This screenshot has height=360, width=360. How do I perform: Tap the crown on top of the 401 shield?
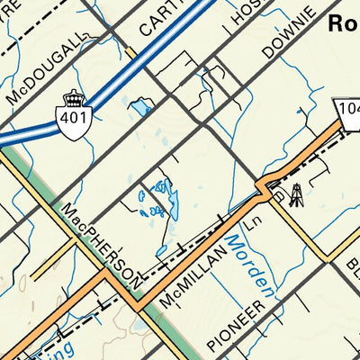click(73, 97)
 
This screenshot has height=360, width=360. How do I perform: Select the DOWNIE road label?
click(289, 35)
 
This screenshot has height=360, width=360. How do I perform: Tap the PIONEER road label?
click(237, 324)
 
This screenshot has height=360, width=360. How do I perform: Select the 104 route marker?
click(348, 109)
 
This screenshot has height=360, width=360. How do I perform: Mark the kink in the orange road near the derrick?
click(263, 188)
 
